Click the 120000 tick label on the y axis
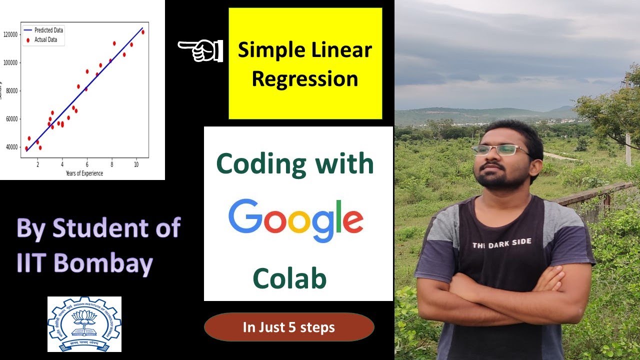(10, 34)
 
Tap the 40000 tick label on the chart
(11, 147)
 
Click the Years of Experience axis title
(84, 173)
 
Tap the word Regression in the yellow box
(304, 79)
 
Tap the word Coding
(254, 164)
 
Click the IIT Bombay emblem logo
(84, 323)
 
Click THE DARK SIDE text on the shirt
(501, 243)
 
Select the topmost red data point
(143, 32)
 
